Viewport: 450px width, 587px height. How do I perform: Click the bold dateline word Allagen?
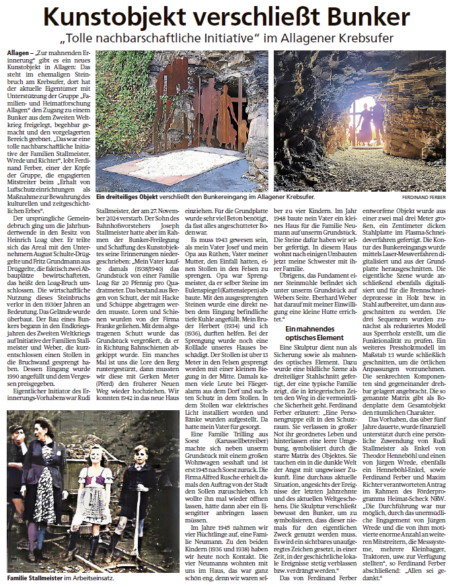point(18,52)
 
